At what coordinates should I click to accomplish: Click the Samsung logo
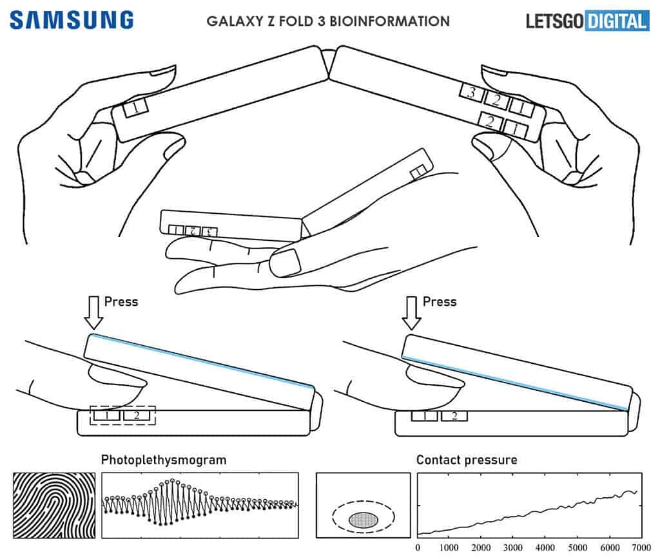point(72,19)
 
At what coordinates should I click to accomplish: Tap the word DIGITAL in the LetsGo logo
point(616,21)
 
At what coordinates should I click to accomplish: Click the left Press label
point(121,301)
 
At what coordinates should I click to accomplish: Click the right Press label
point(439,301)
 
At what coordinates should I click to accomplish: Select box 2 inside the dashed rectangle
point(136,416)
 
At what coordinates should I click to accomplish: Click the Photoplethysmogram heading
point(163,460)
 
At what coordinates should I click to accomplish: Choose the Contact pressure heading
point(466,460)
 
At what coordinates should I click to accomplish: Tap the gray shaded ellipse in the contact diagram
point(364,518)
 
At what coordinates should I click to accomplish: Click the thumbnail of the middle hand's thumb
point(288,261)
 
